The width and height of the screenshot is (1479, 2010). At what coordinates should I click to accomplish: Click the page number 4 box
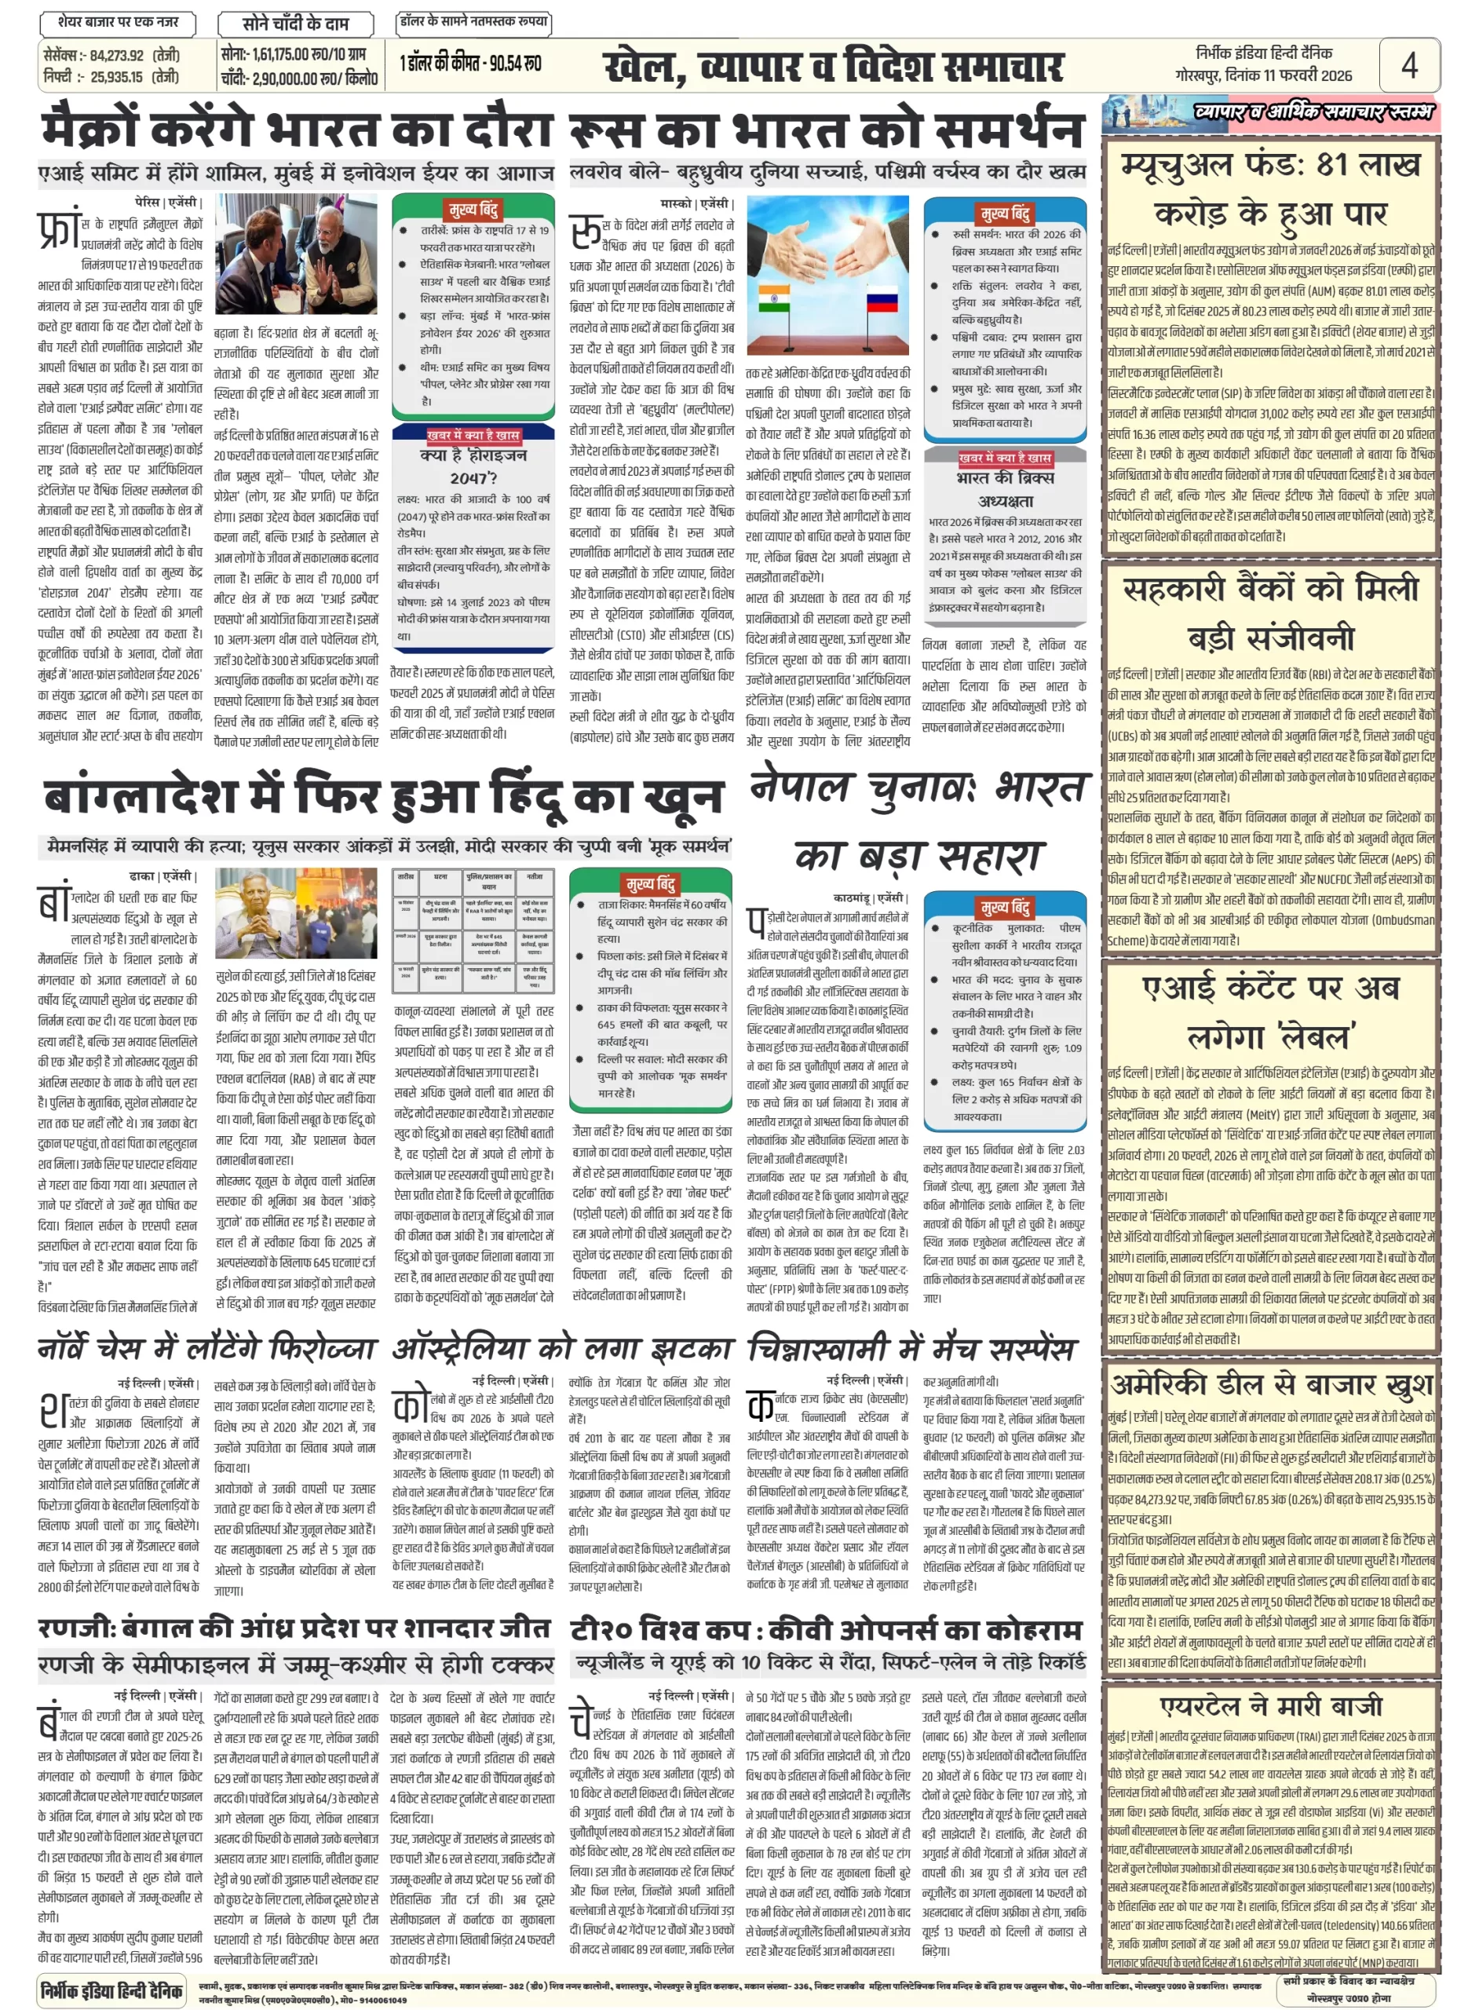coord(1408,64)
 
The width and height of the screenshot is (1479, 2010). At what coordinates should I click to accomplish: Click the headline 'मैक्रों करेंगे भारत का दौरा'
coord(295,128)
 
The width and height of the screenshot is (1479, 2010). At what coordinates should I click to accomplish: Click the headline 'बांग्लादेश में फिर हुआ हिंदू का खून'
coord(382,795)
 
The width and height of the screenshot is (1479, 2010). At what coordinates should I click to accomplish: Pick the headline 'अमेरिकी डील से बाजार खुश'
coord(1270,1385)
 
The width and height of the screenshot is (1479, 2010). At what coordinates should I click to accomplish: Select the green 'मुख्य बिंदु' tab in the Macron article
coord(473,210)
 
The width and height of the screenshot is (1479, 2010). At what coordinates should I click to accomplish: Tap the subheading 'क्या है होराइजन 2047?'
coord(473,466)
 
